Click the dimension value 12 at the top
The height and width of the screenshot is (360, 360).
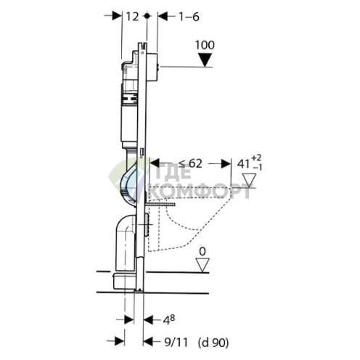pyautogui.click(x=132, y=17)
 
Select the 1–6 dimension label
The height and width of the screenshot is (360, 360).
pyautogui.click(x=189, y=17)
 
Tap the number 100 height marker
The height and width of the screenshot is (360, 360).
pyautogui.click(x=205, y=45)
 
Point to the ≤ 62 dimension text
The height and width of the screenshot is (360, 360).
pyautogui.click(x=190, y=164)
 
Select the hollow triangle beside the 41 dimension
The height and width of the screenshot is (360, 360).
pyautogui.click(x=249, y=180)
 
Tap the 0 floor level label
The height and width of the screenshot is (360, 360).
pyautogui.click(x=202, y=252)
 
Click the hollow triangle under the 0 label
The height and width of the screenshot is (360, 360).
pyautogui.click(x=202, y=265)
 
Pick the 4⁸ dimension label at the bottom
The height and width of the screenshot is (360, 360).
pyautogui.click(x=168, y=320)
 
